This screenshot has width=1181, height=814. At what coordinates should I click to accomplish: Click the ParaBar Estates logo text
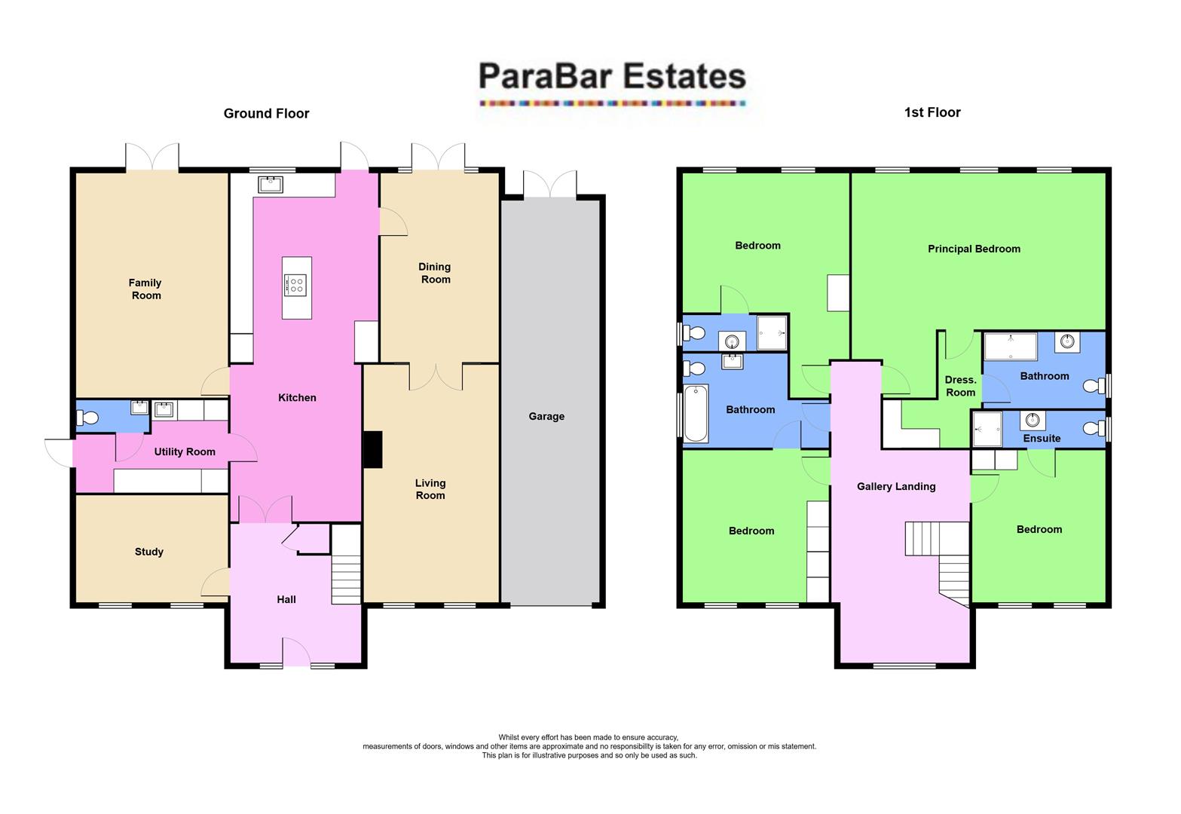[x=612, y=77]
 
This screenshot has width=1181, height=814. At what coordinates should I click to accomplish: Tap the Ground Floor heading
[x=266, y=114]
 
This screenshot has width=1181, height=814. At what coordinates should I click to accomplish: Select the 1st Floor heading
[x=932, y=112]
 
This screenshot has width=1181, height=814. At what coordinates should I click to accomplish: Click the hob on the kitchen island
[x=295, y=285]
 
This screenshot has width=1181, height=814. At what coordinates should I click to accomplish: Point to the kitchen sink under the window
[x=270, y=183]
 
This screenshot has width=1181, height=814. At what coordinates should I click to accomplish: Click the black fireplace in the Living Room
[x=373, y=449]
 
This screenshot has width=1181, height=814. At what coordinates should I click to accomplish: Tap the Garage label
[x=546, y=416]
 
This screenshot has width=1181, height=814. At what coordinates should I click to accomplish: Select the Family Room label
[x=145, y=289]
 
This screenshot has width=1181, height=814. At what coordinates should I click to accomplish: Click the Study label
[x=149, y=552]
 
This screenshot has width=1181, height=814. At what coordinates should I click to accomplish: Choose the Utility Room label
[x=185, y=451]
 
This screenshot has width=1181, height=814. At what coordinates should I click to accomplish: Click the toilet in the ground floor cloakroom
[x=88, y=417]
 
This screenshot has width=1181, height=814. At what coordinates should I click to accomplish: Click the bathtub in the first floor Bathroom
[x=696, y=413]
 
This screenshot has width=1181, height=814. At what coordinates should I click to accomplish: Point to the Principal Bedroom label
[x=974, y=249]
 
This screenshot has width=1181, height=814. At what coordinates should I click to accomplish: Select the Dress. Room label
[x=960, y=386]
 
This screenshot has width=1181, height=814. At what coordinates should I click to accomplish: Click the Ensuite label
[x=1042, y=438]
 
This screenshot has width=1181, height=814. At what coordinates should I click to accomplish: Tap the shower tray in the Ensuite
[x=987, y=430]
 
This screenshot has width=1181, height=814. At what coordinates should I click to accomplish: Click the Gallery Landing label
[x=896, y=486]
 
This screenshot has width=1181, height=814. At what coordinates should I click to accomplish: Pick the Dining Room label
[x=435, y=273]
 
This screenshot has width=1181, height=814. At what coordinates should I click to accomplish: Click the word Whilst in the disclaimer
[x=510, y=738]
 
